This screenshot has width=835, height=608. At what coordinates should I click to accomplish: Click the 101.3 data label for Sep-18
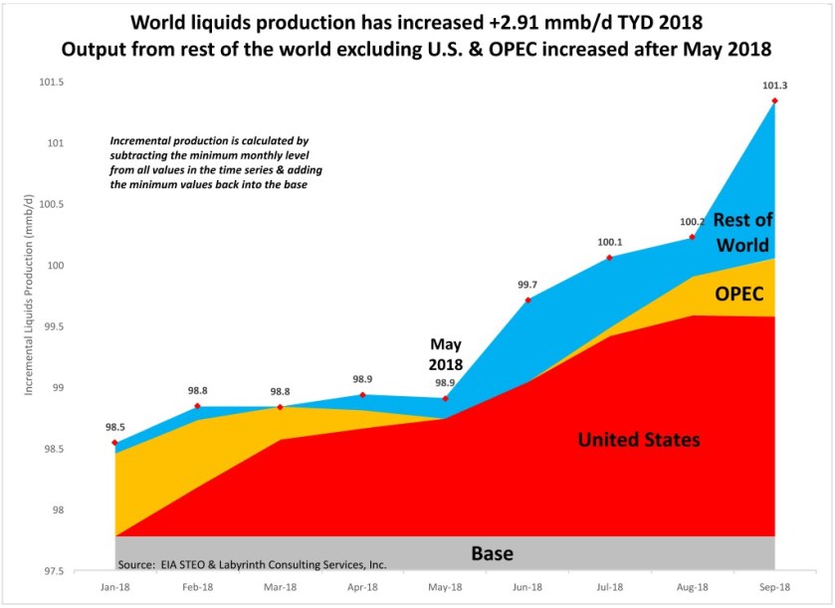775,86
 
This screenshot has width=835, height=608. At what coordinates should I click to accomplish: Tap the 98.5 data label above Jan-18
115,427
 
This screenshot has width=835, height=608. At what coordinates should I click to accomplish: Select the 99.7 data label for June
527,285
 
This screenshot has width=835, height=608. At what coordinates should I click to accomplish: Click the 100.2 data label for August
692,222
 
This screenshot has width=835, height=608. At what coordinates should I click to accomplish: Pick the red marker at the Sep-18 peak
775,101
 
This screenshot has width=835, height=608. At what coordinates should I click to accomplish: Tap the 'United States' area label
639,440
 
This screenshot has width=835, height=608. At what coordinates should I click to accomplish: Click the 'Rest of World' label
742,231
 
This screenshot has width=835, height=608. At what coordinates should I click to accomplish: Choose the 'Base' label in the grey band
492,553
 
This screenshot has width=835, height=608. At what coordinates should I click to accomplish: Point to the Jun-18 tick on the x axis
527,588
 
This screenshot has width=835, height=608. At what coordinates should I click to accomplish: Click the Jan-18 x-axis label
115,588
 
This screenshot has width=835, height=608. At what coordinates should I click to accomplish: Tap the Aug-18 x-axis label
692,588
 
